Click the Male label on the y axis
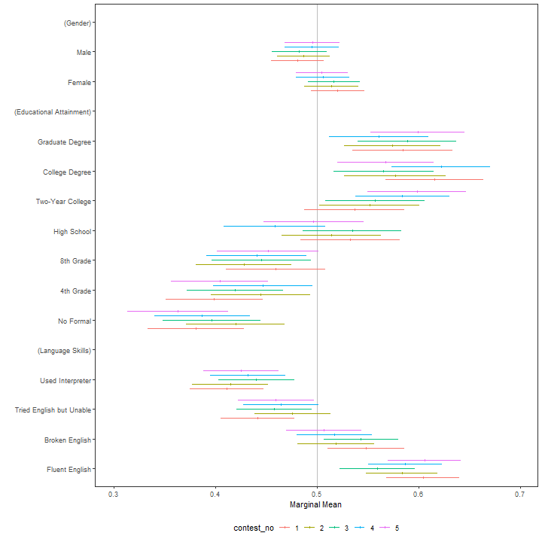(84, 53)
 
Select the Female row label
(80, 82)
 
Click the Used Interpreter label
(65, 381)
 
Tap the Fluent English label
(67, 470)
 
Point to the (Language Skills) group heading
(64, 351)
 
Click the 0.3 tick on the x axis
(114, 495)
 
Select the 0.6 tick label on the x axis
(418, 495)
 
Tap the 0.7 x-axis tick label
(519, 495)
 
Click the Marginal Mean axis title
(317, 505)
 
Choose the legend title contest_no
(253, 529)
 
